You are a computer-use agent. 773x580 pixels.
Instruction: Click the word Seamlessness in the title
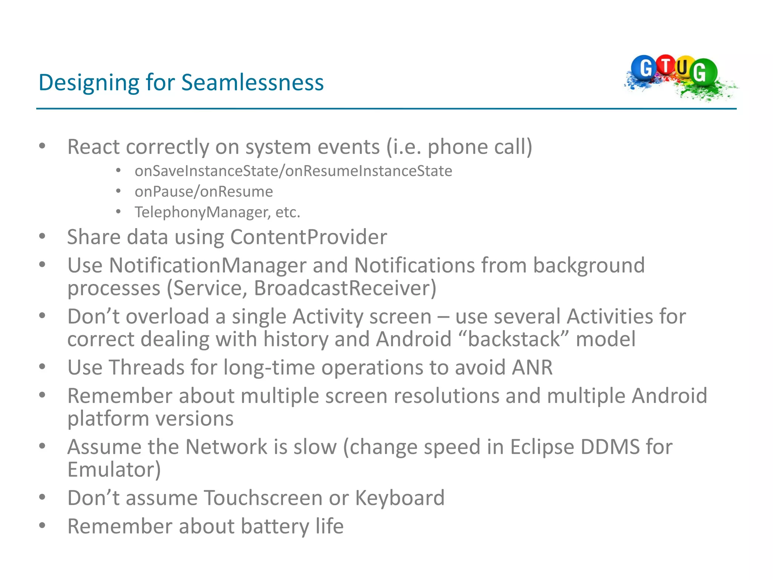[x=252, y=82]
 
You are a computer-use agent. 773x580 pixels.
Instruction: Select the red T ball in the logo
[x=666, y=65]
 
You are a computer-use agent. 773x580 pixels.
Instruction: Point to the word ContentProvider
[x=308, y=237]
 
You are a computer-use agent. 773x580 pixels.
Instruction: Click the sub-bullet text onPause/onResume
[x=204, y=192]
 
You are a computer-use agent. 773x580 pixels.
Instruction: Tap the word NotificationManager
[x=207, y=265]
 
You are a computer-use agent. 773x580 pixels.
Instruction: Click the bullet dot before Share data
[x=42, y=237]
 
